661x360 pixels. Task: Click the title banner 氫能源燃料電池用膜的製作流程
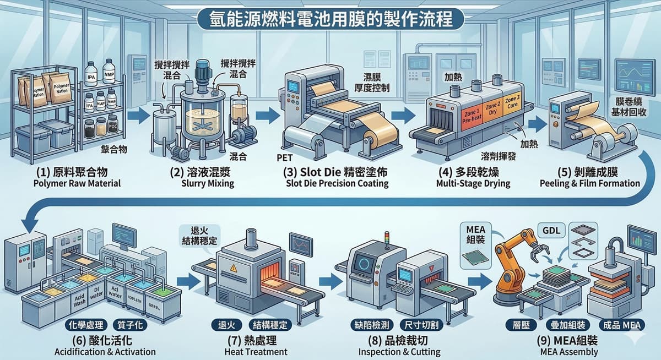click(x=330, y=19)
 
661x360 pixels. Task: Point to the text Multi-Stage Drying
click(x=466, y=183)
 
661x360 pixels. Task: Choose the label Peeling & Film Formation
click(x=590, y=183)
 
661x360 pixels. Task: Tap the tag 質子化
click(x=131, y=325)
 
